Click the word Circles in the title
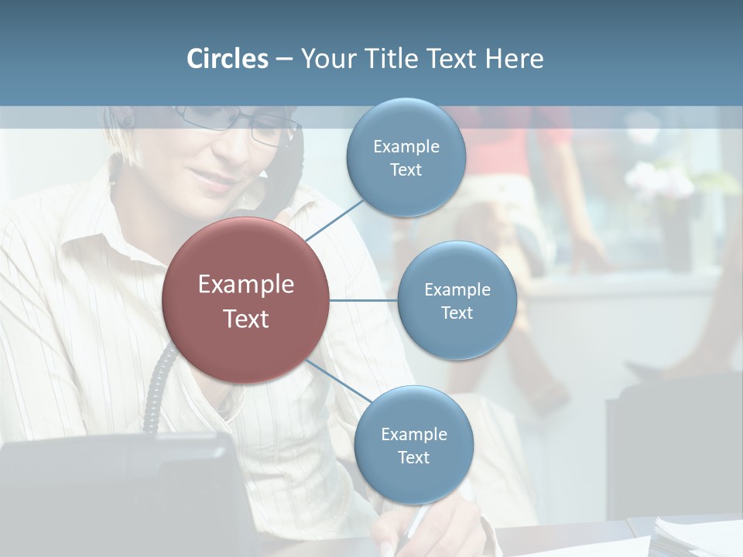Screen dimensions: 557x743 coord(227,59)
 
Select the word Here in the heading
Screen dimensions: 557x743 coord(514,59)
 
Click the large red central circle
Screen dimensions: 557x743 coord(245,300)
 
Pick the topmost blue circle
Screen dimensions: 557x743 coord(406,157)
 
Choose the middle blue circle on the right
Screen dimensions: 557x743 coord(457,300)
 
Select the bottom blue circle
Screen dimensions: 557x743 coord(413,445)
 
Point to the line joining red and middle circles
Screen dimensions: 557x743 coord(364,300)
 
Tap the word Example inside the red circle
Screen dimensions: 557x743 coord(245,284)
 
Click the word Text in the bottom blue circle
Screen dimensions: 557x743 coord(413,457)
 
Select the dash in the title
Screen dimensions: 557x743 coord(284,60)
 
